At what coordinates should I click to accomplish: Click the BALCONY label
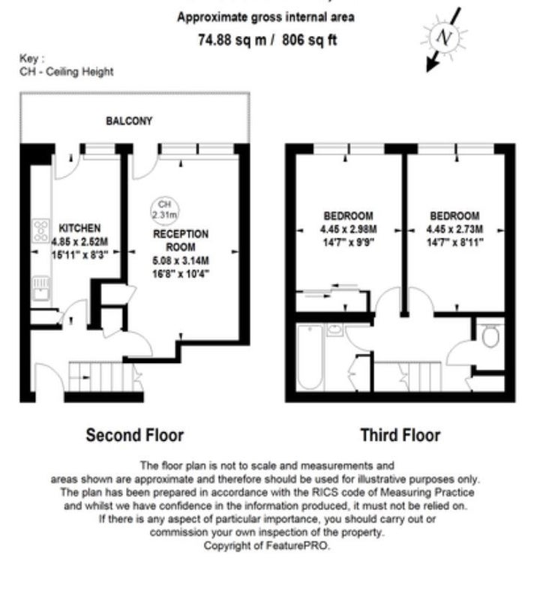tap(129, 121)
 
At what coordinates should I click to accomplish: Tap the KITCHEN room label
tap(79, 228)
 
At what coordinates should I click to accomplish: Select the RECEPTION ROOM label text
tap(181, 240)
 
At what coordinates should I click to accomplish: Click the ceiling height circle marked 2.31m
tap(164, 210)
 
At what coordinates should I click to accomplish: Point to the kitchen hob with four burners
tap(41, 231)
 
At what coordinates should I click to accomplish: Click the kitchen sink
tap(40, 289)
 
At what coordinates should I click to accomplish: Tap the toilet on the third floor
tap(490, 335)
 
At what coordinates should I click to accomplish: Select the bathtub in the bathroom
tap(310, 357)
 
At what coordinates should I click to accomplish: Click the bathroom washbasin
tap(334, 329)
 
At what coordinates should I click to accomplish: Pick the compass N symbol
tap(444, 37)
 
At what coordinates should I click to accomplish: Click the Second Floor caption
tap(135, 435)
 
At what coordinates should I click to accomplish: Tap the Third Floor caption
tap(400, 435)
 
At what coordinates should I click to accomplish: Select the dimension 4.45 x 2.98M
tap(348, 229)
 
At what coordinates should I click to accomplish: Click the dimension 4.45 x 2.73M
tap(454, 229)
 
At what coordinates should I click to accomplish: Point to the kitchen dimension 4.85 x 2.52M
tap(79, 241)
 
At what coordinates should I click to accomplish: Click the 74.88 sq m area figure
tap(232, 40)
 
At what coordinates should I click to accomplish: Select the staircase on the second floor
tap(103, 377)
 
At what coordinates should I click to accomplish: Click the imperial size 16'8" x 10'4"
tap(181, 274)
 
